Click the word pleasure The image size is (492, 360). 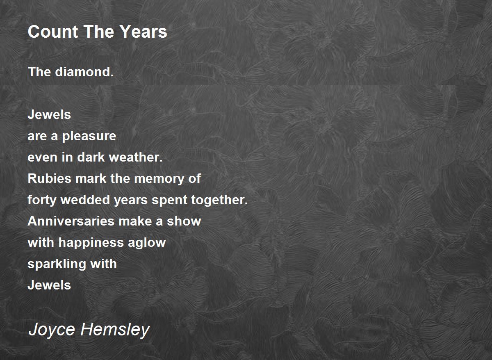tap(89, 136)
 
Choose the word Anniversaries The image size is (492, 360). tap(71, 221)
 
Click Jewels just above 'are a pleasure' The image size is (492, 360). tap(49, 115)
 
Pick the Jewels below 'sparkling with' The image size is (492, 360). tap(49, 285)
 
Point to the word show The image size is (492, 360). tap(184, 221)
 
